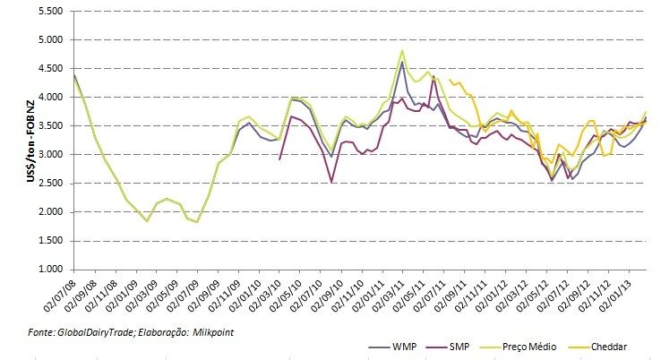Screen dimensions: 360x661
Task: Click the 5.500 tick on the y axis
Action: [49, 12]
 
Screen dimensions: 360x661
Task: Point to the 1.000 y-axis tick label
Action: [49, 269]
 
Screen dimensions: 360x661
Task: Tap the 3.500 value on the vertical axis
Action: [49, 126]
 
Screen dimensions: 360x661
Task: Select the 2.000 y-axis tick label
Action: [49, 211]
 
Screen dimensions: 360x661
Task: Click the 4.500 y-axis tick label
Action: [49, 69]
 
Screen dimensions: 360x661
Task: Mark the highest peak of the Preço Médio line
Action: [402, 50]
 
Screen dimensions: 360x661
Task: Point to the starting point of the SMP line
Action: [280, 159]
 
